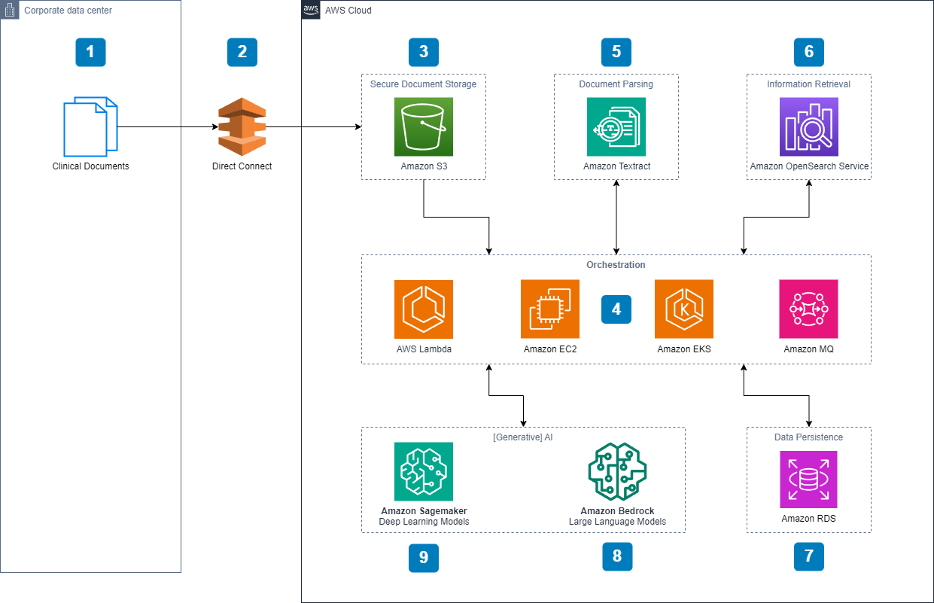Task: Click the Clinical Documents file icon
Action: [x=90, y=126]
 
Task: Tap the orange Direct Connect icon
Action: [x=242, y=126]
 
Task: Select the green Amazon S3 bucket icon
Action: [x=423, y=126]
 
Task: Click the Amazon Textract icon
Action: [x=616, y=126]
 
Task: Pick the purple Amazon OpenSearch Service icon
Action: [x=808, y=126]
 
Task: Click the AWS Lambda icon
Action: [x=423, y=309]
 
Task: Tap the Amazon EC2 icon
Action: [x=549, y=309]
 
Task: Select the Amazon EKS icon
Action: [x=683, y=309]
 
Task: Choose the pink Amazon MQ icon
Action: [x=808, y=309]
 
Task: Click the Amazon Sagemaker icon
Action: [x=423, y=471]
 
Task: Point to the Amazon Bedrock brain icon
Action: [x=617, y=471]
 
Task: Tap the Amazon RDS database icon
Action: [x=808, y=480]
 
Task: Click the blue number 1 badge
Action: [x=90, y=52]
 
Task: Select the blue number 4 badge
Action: [x=616, y=309]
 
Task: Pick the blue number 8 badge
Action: [x=617, y=556]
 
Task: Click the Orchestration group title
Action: [x=616, y=265]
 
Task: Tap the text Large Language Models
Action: [x=617, y=522]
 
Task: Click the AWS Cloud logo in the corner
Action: [x=311, y=10]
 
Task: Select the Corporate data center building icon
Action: [x=10, y=10]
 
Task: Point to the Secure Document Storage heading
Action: [x=423, y=84]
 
